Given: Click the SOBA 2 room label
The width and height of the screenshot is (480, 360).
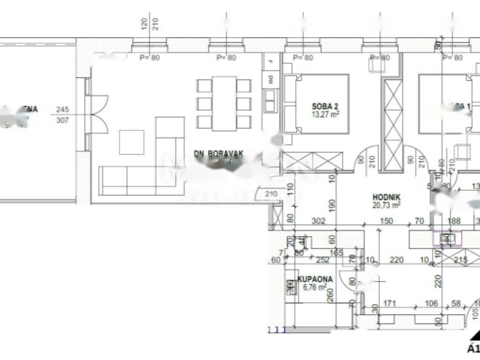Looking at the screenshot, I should (325, 106).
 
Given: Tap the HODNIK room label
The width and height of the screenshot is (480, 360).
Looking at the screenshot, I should (386, 197).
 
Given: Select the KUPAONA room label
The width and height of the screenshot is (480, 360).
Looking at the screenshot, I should (315, 279).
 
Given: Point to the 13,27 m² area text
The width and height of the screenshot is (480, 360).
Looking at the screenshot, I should (325, 113).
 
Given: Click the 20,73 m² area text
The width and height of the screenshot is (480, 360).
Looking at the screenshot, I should (387, 205).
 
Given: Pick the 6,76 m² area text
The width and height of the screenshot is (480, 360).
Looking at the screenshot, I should (315, 287).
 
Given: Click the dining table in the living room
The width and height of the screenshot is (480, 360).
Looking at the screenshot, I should (224, 104).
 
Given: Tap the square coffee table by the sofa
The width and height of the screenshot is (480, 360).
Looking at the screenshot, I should (131, 142).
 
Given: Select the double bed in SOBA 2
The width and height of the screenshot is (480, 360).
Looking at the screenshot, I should (316, 104).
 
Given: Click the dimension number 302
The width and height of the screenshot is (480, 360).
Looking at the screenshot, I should (319, 221).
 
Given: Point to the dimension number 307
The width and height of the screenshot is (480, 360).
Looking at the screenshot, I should (62, 120).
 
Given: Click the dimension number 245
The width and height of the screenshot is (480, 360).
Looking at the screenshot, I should (62, 110).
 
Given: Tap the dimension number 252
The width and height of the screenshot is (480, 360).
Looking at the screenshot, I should (323, 260).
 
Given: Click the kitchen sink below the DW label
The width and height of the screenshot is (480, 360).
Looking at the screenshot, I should (270, 101).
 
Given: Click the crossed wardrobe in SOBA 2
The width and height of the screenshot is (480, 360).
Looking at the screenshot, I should (312, 161).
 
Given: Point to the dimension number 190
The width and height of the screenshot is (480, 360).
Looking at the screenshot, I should (332, 206).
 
